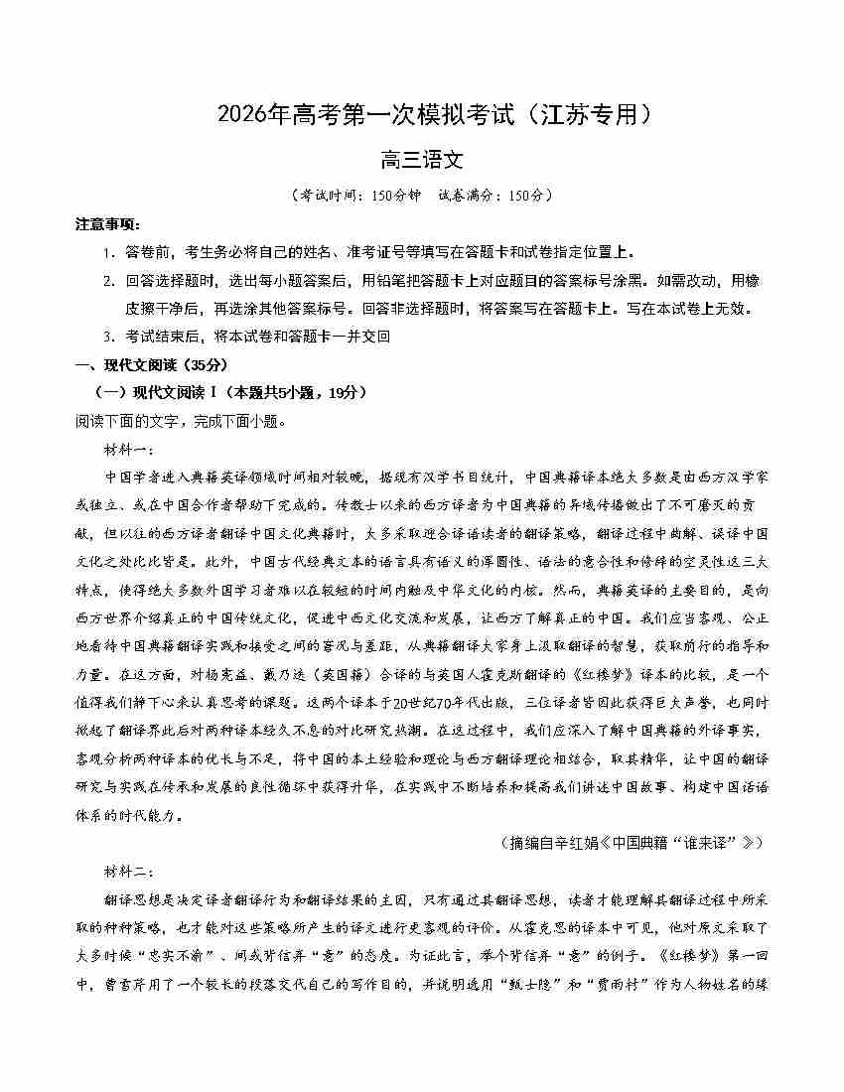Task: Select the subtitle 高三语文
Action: (422, 160)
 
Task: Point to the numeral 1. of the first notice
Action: (108, 253)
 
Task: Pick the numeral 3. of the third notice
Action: (108, 337)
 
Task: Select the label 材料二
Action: (128, 872)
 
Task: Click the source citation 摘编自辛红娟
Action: (634, 843)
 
